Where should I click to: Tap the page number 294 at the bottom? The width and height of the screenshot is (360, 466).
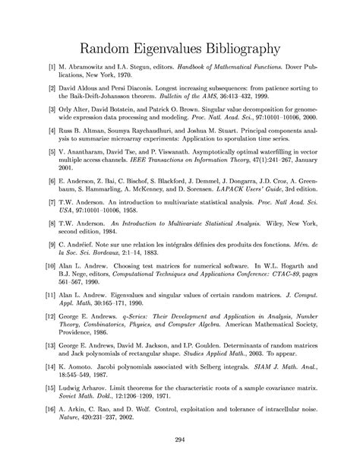pos(180,439)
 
